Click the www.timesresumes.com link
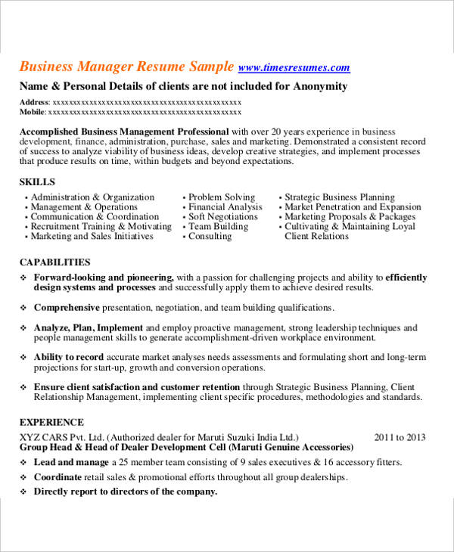click(x=294, y=67)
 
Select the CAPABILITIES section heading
click(x=51, y=262)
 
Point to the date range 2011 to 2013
click(x=400, y=437)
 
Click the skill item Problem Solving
click(x=221, y=197)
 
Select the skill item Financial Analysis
click(x=225, y=207)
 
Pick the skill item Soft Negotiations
click(x=222, y=217)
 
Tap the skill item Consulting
click(x=210, y=237)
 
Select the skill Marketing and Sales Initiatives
click(x=92, y=237)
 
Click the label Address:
click(x=34, y=102)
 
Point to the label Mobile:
click(x=33, y=112)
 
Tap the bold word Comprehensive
click(x=67, y=308)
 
